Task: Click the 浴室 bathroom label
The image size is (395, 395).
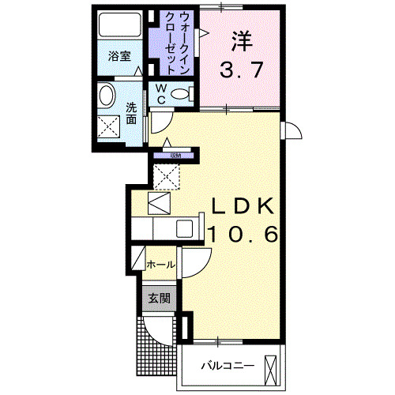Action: pos(119,57)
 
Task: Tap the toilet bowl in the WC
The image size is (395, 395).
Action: pos(181,95)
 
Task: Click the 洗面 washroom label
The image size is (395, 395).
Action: pos(132,113)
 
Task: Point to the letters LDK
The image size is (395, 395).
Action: pos(241,207)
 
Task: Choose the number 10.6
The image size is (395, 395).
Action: pos(243,234)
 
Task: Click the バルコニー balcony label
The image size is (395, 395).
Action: pos(227,367)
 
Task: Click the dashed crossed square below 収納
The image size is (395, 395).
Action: pos(167,177)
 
